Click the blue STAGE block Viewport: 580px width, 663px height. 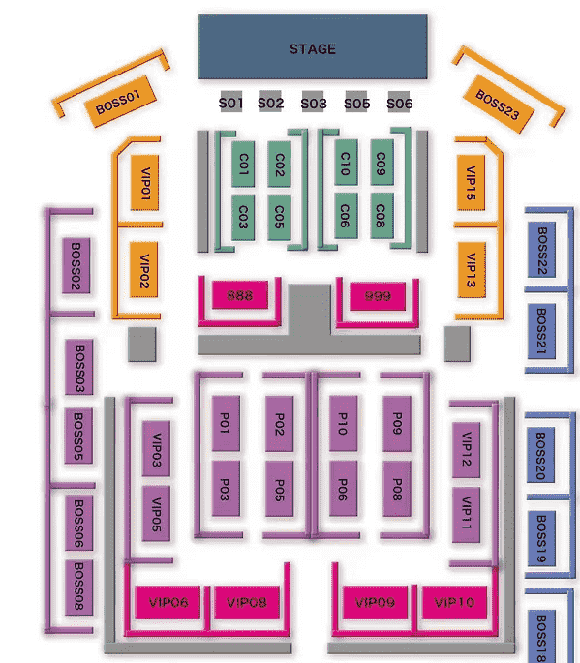pyautogui.click(x=313, y=46)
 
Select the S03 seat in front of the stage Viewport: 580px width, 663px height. pyautogui.click(x=313, y=102)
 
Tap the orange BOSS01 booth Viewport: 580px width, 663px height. pyautogui.click(x=120, y=101)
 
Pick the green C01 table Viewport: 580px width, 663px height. pyautogui.click(x=243, y=165)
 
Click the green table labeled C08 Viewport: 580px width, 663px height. pyautogui.click(x=382, y=216)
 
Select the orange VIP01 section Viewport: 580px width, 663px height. pyautogui.click(x=144, y=183)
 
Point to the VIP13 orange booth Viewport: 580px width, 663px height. pyautogui.click(x=472, y=269)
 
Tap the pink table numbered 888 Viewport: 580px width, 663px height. pyautogui.click(x=240, y=294)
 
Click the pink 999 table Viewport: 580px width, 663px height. pyautogui.click(x=378, y=295)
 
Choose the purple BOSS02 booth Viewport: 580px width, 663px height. pyautogui.click(x=76, y=265)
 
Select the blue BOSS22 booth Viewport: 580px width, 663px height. pyautogui.click(x=542, y=250)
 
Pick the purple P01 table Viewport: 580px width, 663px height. pyautogui.click(x=226, y=424)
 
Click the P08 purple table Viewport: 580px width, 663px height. pyautogui.click(x=397, y=489)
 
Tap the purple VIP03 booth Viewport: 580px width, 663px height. pyautogui.click(x=157, y=449)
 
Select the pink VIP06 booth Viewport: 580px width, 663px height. pyautogui.click(x=168, y=602)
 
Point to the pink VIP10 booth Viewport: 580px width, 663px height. pyautogui.click(x=454, y=602)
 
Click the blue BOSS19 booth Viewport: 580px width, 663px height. pyautogui.click(x=541, y=538)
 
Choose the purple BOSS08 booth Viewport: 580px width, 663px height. pyautogui.click(x=78, y=588)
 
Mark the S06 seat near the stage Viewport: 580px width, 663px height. pyautogui.click(x=399, y=102)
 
